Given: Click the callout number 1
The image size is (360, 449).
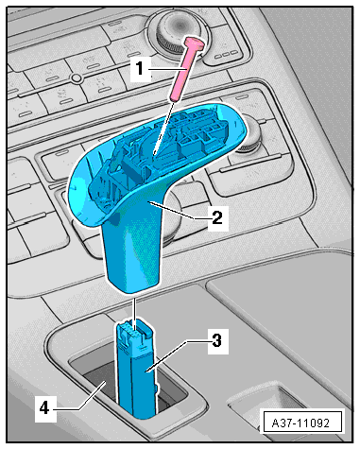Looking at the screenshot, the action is point(140,68).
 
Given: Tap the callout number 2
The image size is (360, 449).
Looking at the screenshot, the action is point(217,217).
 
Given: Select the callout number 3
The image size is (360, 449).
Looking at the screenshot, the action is point(217,340).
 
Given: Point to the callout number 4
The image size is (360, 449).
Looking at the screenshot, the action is point(44,408).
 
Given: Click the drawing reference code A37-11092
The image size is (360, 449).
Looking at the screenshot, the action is point(300,423).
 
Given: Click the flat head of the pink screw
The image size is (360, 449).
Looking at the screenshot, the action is point(195,43).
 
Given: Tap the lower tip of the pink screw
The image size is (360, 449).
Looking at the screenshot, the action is point(175,98).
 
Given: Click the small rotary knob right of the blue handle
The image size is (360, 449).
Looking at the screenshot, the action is point(249,135).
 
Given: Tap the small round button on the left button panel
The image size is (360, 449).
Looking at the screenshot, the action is point(76,78).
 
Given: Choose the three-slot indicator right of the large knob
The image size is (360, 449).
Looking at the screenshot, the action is point(226,55).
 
